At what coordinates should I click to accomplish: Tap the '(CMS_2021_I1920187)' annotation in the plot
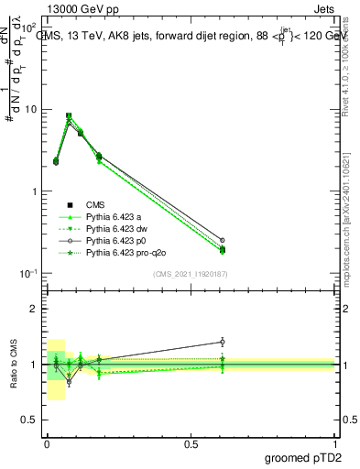(191, 273)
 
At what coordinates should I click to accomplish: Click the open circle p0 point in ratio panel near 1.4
(222, 342)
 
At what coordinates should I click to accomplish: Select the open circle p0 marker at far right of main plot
(222, 240)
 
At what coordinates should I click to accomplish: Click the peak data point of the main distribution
(69, 116)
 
